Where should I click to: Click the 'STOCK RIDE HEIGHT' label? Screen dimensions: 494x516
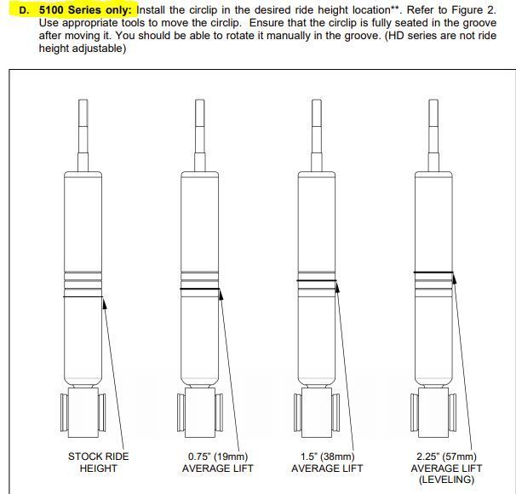coord(99,462)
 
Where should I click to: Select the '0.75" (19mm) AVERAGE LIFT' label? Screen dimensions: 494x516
coord(220,462)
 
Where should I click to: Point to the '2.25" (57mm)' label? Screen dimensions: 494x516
coord(444,457)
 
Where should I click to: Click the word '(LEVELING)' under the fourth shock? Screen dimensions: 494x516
coord(445,480)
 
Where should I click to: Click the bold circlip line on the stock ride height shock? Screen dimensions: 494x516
coord(83,296)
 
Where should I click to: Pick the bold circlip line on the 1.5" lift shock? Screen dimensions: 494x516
coord(317,281)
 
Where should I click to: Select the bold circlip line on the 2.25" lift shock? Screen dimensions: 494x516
coord(433,273)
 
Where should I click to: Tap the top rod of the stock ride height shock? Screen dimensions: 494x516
coord(83,132)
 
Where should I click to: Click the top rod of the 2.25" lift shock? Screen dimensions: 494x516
coord(433,132)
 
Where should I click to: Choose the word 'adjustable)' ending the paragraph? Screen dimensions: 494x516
coord(98,48)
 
